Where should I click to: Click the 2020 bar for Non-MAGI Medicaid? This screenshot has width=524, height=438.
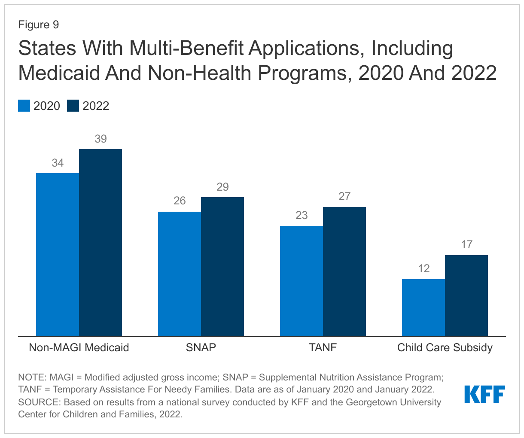(x=58, y=254)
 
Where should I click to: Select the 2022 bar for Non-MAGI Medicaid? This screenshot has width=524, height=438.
(x=101, y=243)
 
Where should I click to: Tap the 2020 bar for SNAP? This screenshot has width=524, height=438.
(x=180, y=274)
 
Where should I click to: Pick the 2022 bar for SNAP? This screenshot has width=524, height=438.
(x=222, y=266)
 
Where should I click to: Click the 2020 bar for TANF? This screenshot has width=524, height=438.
(x=302, y=281)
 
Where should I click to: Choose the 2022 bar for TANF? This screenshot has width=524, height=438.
(x=344, y=271)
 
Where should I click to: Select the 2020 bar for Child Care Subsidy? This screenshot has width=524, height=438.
(x=423, y=307)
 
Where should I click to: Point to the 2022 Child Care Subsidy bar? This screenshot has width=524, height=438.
(x=466, y=295)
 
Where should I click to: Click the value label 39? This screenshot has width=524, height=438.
(x=101, y=139)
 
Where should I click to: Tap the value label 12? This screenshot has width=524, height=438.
(x=423, y=269)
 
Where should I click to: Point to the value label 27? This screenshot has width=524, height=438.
(x=344, y=197)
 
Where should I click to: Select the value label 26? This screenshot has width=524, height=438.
(x=180, y=201)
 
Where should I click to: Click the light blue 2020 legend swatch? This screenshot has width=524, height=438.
(x=24, y=106)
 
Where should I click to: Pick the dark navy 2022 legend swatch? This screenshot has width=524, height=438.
(x=73, y=106)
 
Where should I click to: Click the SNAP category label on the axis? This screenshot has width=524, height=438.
(x=201, y=347)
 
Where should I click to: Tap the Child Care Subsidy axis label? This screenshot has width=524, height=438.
(x=445, y=347)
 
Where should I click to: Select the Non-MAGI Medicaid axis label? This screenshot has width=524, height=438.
(x=79, y=347)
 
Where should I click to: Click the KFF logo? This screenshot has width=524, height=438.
(x=484, y=394)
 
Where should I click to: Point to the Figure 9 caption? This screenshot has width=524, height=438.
(x=38, y=25)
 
